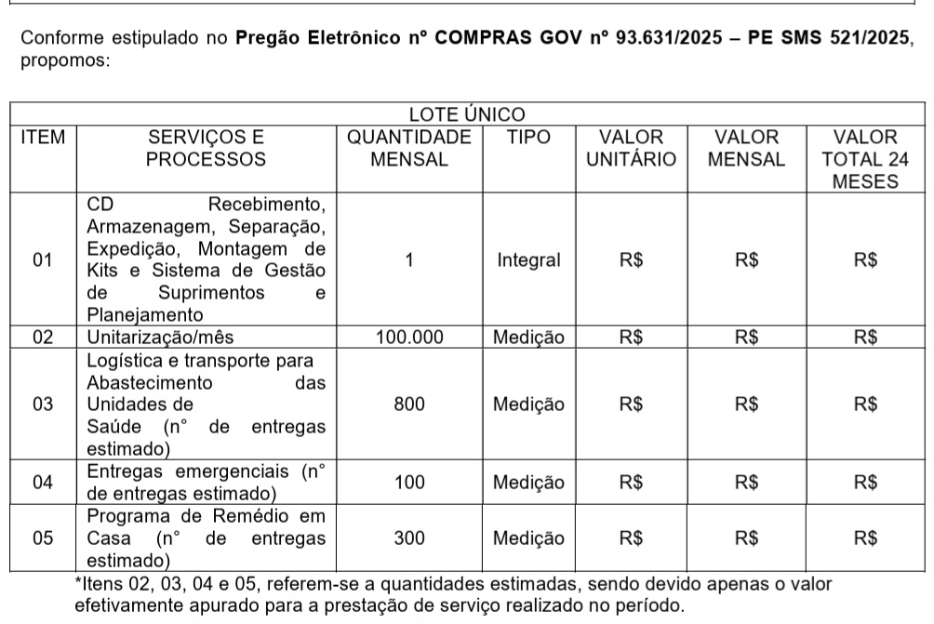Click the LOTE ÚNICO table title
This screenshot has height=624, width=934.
468,114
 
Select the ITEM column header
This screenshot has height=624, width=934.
43,138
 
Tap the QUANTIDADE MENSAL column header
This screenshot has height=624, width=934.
409,148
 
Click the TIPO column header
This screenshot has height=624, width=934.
528,138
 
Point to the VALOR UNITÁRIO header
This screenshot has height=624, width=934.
631,148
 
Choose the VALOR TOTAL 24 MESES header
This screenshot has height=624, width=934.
865,159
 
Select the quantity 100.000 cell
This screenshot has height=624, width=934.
409,338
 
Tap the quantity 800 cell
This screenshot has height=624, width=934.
409,404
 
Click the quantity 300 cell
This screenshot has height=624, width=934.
409,538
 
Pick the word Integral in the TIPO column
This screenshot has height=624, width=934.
528,260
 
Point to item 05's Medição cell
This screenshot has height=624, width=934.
528,538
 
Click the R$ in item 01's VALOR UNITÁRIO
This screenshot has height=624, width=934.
631,260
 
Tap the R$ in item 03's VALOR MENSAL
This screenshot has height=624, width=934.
746,404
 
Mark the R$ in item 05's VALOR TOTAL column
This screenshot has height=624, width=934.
865,538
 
